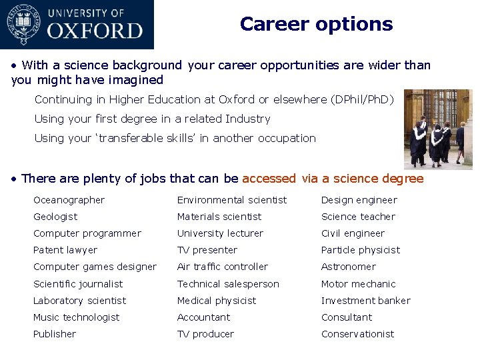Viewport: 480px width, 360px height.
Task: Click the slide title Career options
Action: (316, 24)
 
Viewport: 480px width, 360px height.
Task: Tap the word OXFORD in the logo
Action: (95, 31)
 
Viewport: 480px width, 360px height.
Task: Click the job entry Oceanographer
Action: (69, 200)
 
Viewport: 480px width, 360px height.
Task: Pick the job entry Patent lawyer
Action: (65, 250)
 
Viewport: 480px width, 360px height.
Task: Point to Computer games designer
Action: (95, 267)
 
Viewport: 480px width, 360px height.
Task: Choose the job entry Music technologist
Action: (77, 317)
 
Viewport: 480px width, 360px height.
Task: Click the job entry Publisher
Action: (55, 334)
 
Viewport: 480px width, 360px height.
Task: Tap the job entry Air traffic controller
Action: (223, 267)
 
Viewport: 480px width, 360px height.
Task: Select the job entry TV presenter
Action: (207, 250)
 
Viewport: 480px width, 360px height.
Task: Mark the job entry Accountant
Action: (203, 317)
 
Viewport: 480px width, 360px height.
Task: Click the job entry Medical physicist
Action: (217, 301)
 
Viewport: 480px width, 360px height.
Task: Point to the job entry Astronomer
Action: (349, 267)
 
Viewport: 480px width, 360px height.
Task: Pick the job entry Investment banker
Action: (366, 301)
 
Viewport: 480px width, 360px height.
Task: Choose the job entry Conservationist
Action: (358, 334)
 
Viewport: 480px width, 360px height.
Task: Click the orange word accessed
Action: (269, 179)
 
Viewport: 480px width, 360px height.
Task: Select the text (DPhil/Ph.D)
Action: (363, 100)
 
